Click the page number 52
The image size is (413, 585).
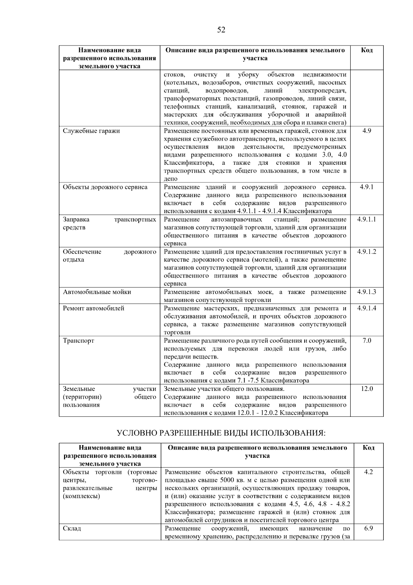[x=221, y=30]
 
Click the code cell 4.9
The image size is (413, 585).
[x=367, y=131]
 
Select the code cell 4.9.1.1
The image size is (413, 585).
[x=367, y=220]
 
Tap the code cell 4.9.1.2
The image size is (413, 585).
[x=367, y=252]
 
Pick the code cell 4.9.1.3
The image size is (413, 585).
[x=367, y=292]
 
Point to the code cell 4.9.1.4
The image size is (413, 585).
[x=367, y=308]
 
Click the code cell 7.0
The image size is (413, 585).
[x=367, y=341]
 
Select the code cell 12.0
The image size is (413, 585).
[x=367, y=389]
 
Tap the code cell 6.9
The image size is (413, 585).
[x=368, y=528]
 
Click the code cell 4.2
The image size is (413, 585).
[x=368, y=472]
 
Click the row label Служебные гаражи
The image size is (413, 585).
[x=91, y=131]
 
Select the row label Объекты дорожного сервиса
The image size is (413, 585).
[x=105, y=187]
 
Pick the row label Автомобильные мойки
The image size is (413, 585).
[x=97, y=292]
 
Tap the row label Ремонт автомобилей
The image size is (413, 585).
[x=93, y=308]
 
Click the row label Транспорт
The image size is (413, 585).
[x=78, y=341]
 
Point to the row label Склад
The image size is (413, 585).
[x=72, y=528]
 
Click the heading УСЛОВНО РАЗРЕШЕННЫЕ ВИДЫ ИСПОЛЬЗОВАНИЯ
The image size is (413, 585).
[x=221, y=433]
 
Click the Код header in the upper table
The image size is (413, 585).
[x=367, y=50]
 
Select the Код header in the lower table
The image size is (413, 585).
[x=368, y=448]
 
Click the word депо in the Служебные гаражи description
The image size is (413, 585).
[x=170, y=179]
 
